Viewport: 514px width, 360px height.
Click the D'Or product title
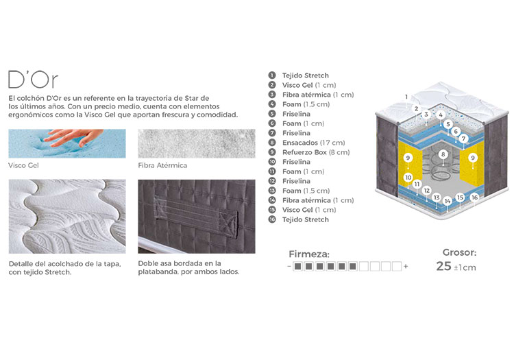33,80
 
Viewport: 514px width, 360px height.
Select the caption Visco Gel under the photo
23,165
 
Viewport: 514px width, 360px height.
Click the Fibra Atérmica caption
162,165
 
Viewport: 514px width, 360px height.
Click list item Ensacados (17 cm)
313,143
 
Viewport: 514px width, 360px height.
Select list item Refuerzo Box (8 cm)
316,152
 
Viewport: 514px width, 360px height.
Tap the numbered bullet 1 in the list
272,75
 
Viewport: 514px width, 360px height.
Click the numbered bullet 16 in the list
272,219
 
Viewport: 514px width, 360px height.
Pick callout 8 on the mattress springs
443,154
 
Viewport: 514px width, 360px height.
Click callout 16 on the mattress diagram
474,197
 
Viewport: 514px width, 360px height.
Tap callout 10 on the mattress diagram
408,178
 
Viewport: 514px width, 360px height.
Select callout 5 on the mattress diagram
448,124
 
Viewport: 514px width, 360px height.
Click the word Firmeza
309,254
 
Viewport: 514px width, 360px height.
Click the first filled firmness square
297,266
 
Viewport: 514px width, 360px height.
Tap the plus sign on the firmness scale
406,266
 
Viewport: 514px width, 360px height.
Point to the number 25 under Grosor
444,266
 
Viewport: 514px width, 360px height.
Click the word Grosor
460,252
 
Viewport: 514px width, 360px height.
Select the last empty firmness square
397,266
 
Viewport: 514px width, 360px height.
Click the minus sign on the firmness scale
289,266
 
